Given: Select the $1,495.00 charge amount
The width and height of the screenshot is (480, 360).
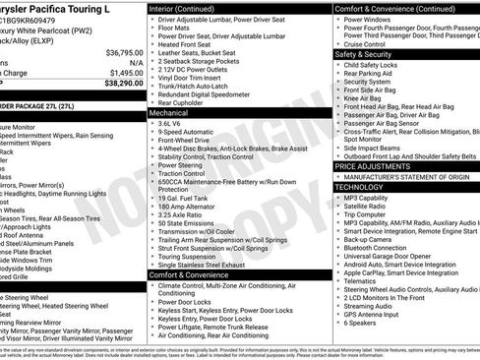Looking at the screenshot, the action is tap(126, 72).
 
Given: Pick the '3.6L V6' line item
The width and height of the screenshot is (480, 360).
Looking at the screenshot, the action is tap(175, 123).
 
